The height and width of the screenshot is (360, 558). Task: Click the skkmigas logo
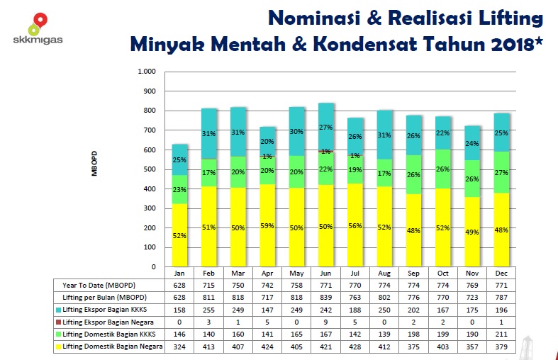pyautogui.click(x=38, y=28)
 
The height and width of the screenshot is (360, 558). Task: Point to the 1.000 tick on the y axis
pyautogui.click(x=147, y=72)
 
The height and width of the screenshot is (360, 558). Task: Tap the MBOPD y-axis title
pyautogui.click(x=94, y=164)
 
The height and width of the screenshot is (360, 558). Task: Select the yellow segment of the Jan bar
pyautogui.click(x=179, y=235)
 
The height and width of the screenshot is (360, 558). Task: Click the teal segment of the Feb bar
pyautogui.click(x=209, y=134)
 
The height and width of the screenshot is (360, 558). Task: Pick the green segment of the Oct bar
pyautogui.click(x=443, y=169)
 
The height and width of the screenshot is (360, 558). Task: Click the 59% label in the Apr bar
pyautogui.click(x=267, y=226)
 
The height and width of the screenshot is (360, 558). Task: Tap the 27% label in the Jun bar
pyautogui.click(x=325, y=128)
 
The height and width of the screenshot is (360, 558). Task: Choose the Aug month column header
pyautogui.click(x=384, y=274)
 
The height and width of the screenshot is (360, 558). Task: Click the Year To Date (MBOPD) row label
pyautogui.click(x=99, y=286)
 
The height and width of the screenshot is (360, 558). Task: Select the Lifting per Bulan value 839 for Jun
pyautogui.click(x=325, y=298)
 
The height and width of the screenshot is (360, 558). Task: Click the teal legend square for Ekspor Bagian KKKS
pyautogui.click(x=59, y=310)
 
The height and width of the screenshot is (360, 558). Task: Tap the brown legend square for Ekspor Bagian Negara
pyautogui.click(x=59, y=322)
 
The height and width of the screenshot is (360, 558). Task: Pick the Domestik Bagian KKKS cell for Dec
pyautogui.click(x=501, y=334)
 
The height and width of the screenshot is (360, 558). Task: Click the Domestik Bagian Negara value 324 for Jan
pyautogui.click(x=179, y=347)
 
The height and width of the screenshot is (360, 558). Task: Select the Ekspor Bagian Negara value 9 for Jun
pyautogui.click(x=325, y=322)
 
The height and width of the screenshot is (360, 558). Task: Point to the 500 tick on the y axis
pyautogui.click(x=150, y=169)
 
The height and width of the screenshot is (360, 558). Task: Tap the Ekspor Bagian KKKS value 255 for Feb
pyautogui.click(x=209, y=310)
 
